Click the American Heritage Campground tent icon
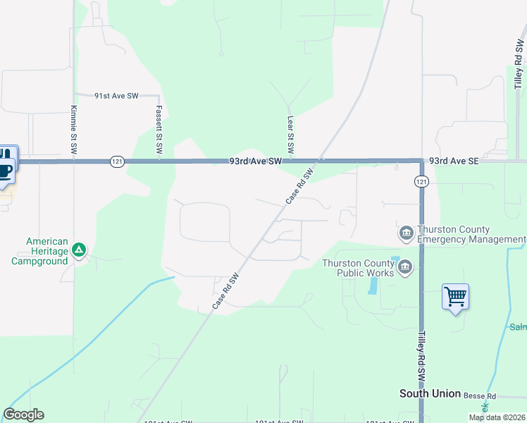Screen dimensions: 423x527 pyautogui.click(x=80, y=250)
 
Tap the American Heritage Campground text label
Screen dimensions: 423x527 pyautogui.click(x=39, y=251)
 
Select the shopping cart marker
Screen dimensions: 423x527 pyautogui.click(x=455, y=297)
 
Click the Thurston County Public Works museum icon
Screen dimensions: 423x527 pyautogui.click(x=405, y=266)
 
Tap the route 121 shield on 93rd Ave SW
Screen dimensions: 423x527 pyautogui.click(x=117, y=161)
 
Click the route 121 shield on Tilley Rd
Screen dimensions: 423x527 pyautogui.click(x=421, y=182)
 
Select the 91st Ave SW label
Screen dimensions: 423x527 pyautogui.click(x=116, y=96)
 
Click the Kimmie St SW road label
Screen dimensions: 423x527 pyautogui.click(x=73, y=130)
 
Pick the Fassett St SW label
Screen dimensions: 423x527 pyautogui.click(x=159, y=130)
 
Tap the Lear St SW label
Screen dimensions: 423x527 pyautogui.click(x=290, y=135)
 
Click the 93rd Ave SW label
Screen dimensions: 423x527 pyautogui.click(x=255, y=161)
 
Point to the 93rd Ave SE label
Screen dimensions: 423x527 pyautogui.click(x=454, y=161)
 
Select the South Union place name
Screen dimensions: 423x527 pyautogui.click(x=430, y=393)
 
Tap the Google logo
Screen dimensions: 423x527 pyautogui.click(x=23, y=415)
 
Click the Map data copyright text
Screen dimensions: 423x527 pyautogui.click(x=497, y=417)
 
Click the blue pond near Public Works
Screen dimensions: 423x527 pyautogui.click(x=371, y=286)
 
